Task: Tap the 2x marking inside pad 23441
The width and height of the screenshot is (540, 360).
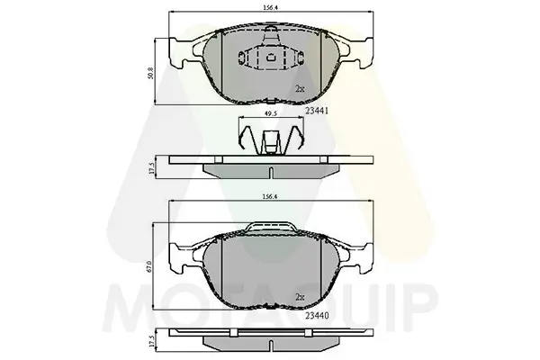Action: (299, 88)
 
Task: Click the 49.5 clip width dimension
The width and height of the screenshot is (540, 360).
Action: (269, 114)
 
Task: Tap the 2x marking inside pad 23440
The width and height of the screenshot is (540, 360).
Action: (299, 296)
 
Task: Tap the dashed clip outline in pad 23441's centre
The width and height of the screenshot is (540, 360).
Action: (269, 58)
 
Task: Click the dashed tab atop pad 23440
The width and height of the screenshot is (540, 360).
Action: (269, 228)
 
